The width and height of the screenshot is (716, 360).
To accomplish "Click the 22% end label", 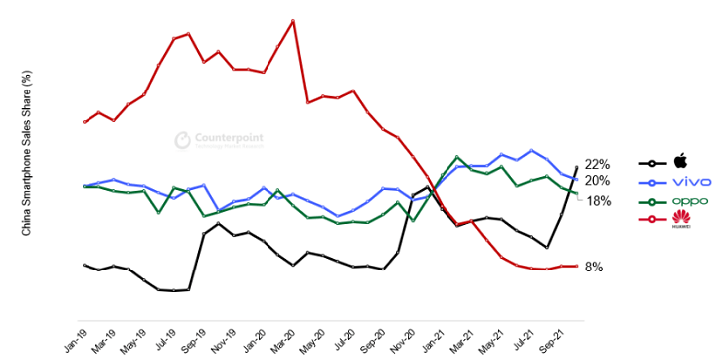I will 597,164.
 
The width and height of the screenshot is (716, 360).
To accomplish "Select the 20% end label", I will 597,180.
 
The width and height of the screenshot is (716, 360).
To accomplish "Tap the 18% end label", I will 599,200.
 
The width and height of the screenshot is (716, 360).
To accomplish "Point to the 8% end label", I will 593,267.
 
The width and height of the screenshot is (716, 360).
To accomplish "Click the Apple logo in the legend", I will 681,161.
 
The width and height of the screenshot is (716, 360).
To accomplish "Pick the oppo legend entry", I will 687,200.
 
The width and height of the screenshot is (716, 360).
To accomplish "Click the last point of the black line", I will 577,167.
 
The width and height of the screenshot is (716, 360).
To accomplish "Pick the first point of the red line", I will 85,122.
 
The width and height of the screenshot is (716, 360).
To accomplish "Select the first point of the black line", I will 85,265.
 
